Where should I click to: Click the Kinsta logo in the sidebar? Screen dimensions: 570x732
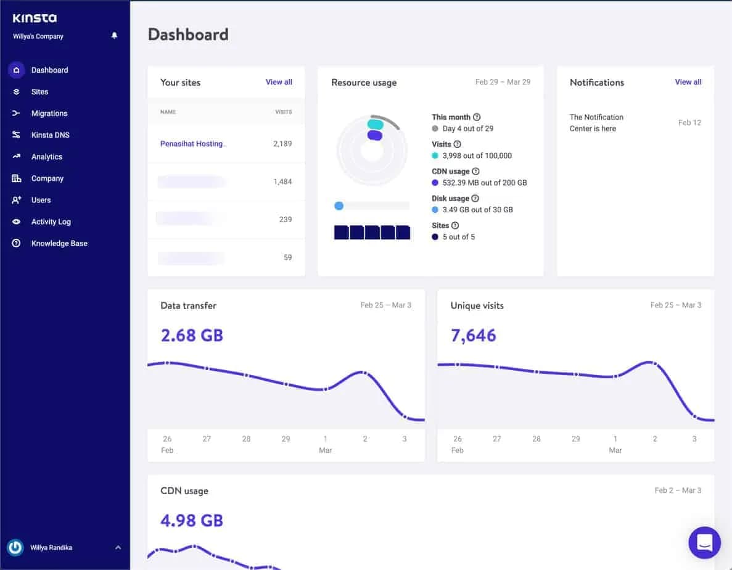[x=35, y=19]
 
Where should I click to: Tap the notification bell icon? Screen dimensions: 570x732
[x=114, y=36]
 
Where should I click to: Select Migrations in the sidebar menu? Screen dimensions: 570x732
[x=49, y=114]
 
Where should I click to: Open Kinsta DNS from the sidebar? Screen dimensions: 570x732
[x=50, y=135]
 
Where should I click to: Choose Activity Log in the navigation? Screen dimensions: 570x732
[x=51, y=221]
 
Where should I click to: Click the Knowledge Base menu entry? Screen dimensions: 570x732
[x=59, y=243]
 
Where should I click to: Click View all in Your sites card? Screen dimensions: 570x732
[x=279, y=82]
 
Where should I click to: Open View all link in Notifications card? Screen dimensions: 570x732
[x=688, y=82]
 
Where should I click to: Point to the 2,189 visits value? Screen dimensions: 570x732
[x=282, y=144]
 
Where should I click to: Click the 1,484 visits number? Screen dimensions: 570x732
[x=282, y=181]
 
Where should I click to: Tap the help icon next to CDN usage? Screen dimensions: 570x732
[x=475, y=171]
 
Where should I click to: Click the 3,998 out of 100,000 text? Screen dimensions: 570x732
[x=477, y=155]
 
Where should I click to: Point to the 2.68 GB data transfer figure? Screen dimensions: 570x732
[x=191, y=335]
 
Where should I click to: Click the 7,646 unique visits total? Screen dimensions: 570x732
[x=473, y=335]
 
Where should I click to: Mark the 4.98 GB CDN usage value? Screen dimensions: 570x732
[x=191, y=520]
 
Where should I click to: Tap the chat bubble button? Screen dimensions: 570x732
[x=704, y=542]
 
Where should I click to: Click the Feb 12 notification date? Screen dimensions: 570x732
[x=689, y=123]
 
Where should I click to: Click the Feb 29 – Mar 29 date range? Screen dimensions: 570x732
[x=503, y=82]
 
